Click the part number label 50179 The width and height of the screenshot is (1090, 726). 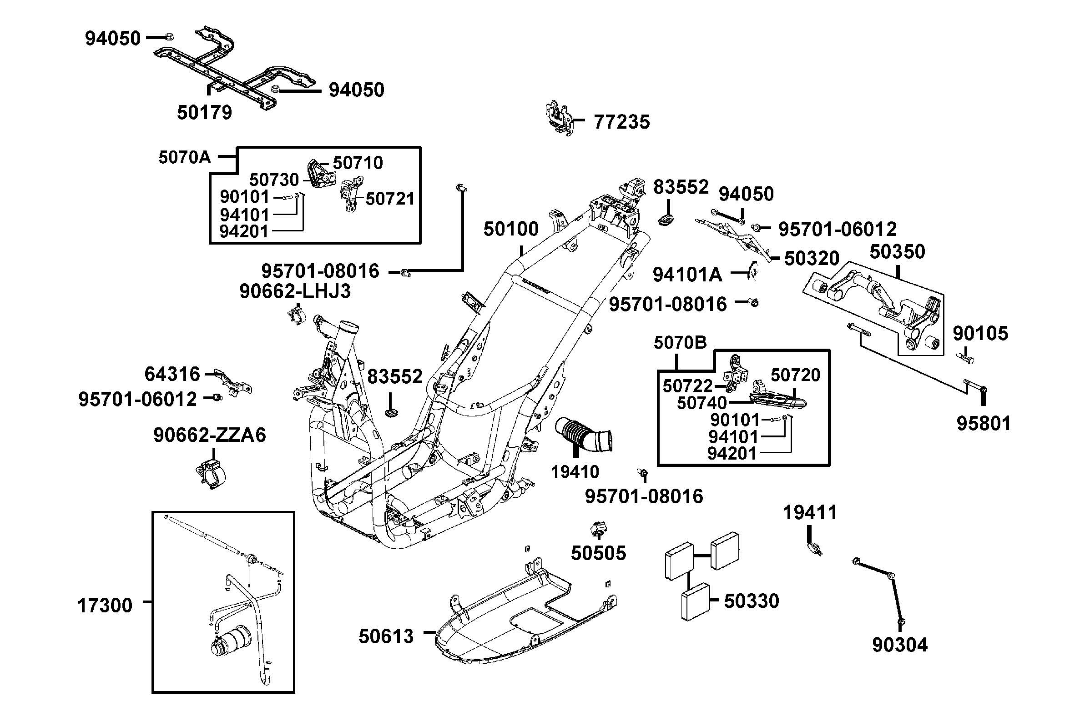[x=204, y=112]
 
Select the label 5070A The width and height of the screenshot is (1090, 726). [x=184, y=157]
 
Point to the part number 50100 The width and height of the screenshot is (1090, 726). [x=511, y=229]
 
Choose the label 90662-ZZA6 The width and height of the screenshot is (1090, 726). [x=210, y=435]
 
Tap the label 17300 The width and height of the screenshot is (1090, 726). [x=105, y=606]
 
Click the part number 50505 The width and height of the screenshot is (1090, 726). [x=599, y=553]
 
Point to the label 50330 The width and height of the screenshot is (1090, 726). [x=752, y=601]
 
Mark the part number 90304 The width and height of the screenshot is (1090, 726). [x=899, y=645]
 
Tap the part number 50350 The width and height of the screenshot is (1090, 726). [x=897, y=252]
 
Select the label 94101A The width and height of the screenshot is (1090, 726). [x=687, y=275]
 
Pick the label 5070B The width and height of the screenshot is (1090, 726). [x=680, y=343]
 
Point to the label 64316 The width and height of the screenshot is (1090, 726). [x=172, y=374]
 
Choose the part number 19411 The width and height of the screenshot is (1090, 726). [x=810, y=513]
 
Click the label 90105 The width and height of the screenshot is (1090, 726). [x=980, y=333]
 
